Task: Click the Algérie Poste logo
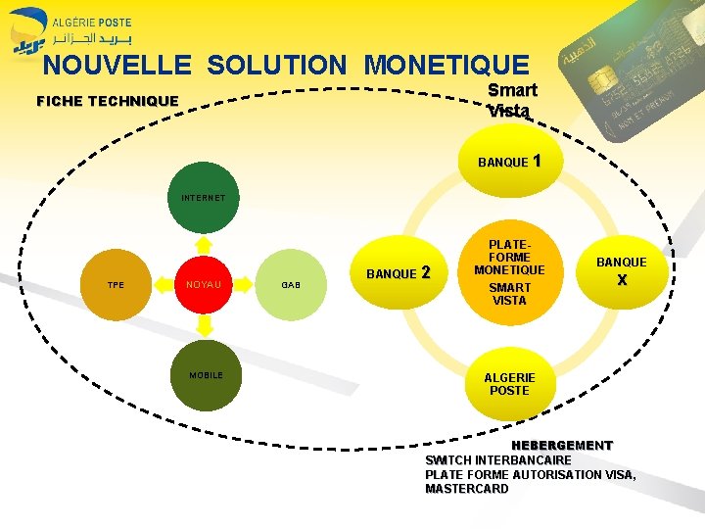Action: (70, 29)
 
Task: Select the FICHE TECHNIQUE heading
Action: (107, 101)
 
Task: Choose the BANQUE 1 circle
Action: (508, 161)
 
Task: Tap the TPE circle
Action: (116, 285)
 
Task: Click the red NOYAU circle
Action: (203, 285)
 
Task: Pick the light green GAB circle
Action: (291, 285)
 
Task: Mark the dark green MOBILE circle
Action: (206, 375)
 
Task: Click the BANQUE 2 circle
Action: (398, 272)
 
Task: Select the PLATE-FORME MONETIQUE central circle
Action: (509, 269)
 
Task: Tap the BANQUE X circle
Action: (621, 270)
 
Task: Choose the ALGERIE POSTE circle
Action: (509, 383)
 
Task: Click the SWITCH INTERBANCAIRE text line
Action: (497, 459)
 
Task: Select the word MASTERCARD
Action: (466, 489)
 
